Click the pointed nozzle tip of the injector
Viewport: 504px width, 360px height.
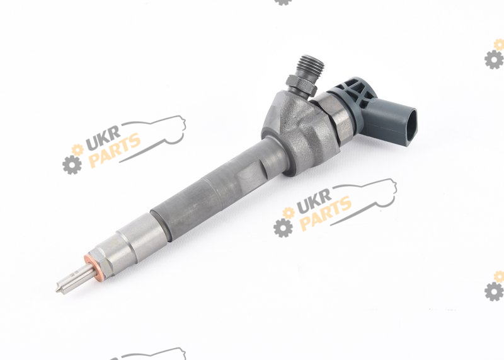[57, 290]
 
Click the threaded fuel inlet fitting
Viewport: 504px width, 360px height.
[311, 68]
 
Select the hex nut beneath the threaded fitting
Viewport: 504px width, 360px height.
[301, 84]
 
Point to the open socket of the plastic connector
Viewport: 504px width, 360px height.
[412, 127]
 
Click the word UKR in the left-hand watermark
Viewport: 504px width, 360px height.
[103, 138]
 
